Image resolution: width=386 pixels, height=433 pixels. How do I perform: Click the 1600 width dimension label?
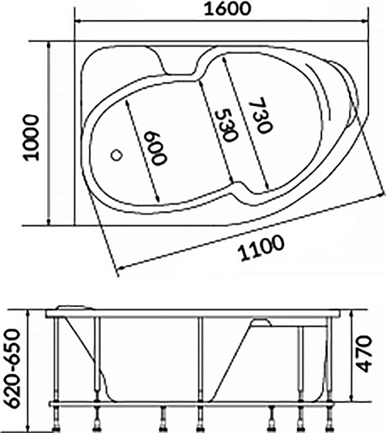pos(227,8)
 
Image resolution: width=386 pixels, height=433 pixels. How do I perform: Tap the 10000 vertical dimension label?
pos(31,137)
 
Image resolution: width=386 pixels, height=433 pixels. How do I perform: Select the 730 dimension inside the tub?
pos(261,115)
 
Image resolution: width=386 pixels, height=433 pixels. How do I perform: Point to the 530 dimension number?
pos(226,125)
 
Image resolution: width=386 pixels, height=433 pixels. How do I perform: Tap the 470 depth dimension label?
pos(365,354)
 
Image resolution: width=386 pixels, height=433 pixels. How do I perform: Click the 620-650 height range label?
pos(13,368)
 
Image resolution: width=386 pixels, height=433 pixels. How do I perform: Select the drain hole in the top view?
pos(116,155)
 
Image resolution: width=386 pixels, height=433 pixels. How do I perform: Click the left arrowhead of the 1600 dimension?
pos(79,21)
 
